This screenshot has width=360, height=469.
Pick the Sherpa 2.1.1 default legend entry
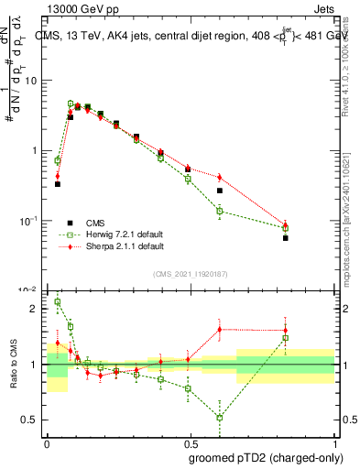tap(119, 246)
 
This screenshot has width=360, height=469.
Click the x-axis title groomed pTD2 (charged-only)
tap(267, 457)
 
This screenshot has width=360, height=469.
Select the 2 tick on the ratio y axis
tap(36, 309)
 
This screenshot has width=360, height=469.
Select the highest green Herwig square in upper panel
tap(71, 104)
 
